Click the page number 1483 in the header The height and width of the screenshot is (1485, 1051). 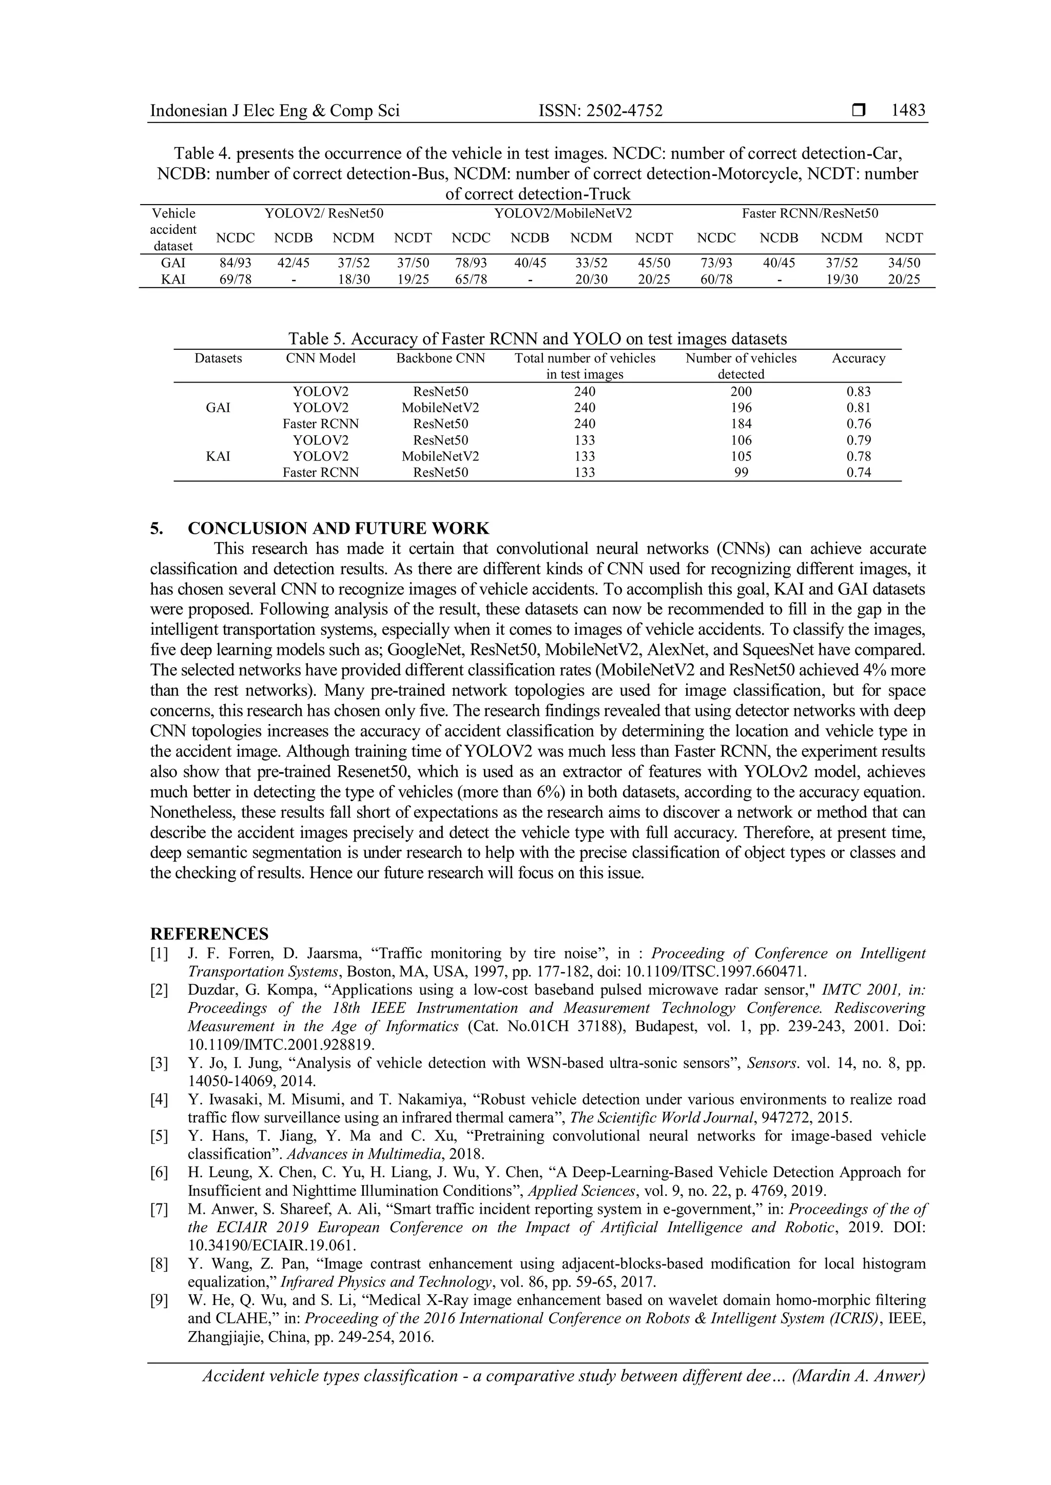[x=908, y=111]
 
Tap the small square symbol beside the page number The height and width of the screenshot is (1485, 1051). [x=859, y=111]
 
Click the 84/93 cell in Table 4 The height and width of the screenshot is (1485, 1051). [x=235, y=263]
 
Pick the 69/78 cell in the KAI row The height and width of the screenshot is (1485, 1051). [x=235, y=279]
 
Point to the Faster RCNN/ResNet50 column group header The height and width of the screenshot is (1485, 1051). [x=810, y=213]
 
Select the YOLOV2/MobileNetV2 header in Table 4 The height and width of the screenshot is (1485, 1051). [x=562, y=213]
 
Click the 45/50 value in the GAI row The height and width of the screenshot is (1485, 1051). [x=654, y=263]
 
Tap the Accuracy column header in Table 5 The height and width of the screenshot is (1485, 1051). [x=858, y=358]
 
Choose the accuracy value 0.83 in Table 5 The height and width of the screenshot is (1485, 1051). [x=859, y=391]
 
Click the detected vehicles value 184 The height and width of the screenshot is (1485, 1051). [x=741, y=424]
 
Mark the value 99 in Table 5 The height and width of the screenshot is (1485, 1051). [x=741, y=473]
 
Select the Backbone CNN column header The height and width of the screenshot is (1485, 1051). [x=440, y=358]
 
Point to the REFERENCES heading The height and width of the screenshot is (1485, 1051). [x=209, y=934]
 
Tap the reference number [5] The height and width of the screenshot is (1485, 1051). [x=159, y=1136]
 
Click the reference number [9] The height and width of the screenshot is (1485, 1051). [x=159, y=1301]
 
